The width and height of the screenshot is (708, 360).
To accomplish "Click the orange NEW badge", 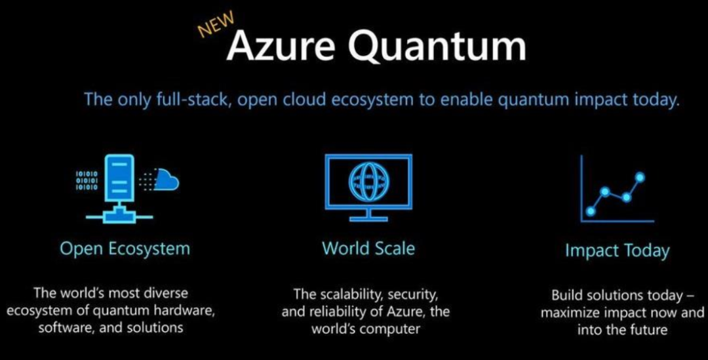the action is pyautogui.click(x=216, y=24).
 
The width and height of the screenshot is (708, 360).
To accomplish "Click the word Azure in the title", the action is pyautogui.click(x=281, y=46).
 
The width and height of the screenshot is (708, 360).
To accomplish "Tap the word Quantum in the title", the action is pyautogui.click(x=437, y=47).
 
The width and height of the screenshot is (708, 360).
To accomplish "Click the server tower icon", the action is pyautogui.click(x=119, y=178).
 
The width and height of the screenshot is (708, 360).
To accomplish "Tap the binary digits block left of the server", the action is pyautogui.click(x=87, y=180).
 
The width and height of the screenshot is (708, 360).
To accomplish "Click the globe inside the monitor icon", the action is pyautogui.click(x=368, y=181).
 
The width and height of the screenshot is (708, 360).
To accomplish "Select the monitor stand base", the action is pyautogui.click(x=368, y=219).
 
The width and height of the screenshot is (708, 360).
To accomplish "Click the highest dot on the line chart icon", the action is pyautogui.click(x=640, y=177).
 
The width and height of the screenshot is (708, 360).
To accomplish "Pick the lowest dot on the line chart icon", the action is pyautogui.click(x=590, y=210).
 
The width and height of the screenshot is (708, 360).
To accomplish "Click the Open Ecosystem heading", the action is pyautogui.click(x=125, y=249).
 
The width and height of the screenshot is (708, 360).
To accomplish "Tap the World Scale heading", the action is pyautogui.click(x=368, y=249).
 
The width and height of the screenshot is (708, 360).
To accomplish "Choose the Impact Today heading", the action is pyautogui.click(x=618, y=250).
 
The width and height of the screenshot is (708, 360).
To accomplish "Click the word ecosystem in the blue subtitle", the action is pyautogui.click(x=372, y=100).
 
